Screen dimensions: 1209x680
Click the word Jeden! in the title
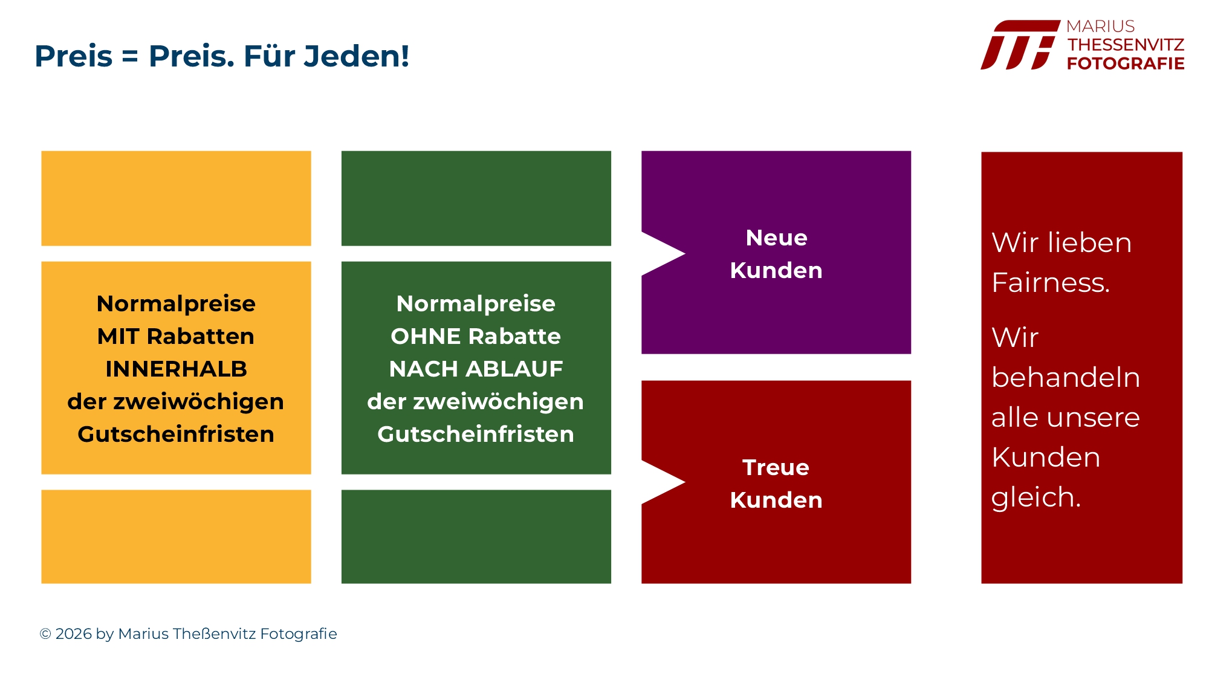[357, 56]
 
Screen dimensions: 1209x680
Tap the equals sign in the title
[130, 57]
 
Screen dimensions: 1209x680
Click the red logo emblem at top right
[1020, 45]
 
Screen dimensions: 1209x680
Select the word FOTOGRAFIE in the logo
[1126, 63]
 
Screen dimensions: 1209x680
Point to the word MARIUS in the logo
[1100, 27]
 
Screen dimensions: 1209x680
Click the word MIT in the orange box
[118, 336]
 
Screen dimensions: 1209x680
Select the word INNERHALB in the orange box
[176, 369]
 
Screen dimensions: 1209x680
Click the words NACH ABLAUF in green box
[476, 369]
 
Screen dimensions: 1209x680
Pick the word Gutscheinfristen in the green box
[476, 434]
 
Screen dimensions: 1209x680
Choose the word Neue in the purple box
[776, 238]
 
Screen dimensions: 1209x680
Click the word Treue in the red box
[776, 467]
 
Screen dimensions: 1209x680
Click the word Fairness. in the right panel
[1051, 282]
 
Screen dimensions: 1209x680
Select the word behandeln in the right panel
[1066, 377]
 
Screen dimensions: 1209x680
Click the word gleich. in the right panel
[1036, 497]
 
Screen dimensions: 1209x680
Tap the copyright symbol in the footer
[45, 634]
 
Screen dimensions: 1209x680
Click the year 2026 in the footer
[74, 634]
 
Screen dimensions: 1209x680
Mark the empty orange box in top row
[176, 198]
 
